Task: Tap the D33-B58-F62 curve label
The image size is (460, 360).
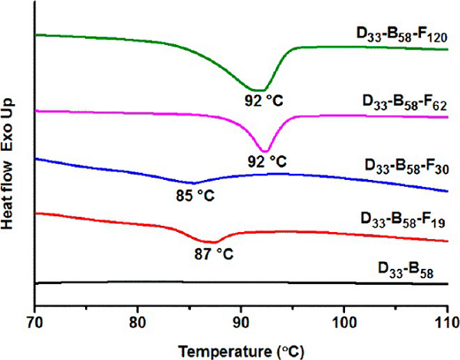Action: [402, 100]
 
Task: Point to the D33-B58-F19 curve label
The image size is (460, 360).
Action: [402, 223]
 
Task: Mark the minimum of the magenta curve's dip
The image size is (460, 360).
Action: [264, 151]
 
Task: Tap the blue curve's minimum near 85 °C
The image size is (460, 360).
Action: [193, 184]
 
